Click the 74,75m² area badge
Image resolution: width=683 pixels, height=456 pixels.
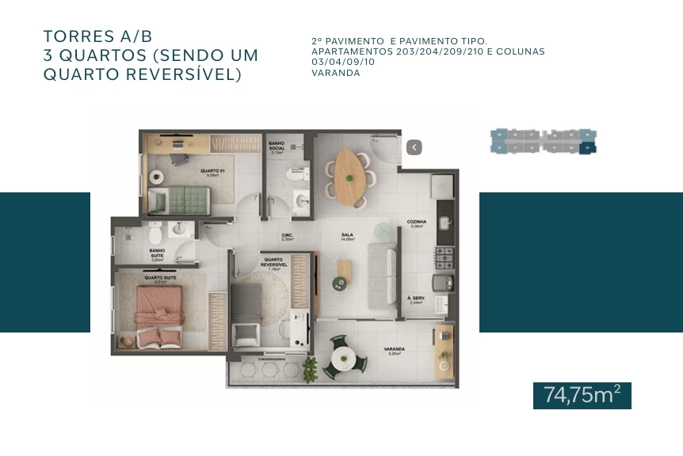click(582, 395)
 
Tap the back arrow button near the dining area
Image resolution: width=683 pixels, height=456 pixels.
click(414, 147)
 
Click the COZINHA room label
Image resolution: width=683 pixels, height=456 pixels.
click(417, 222)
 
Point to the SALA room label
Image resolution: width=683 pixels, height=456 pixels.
click(346, 235)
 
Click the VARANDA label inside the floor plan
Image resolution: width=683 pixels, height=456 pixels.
click(395, 349)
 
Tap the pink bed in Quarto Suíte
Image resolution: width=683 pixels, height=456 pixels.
click(159, 315)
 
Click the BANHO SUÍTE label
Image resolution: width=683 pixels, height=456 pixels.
click(157, 253)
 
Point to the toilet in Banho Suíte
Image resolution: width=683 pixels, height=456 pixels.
click(155, 233)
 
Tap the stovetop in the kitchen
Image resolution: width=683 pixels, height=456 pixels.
click(445, 256)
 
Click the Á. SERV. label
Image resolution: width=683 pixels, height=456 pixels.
click(416, 298)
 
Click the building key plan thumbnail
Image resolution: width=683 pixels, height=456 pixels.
click(544, 141)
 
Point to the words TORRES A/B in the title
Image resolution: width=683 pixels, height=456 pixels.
click(97, 36)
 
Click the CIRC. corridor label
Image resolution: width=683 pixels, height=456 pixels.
click(288, 236)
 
